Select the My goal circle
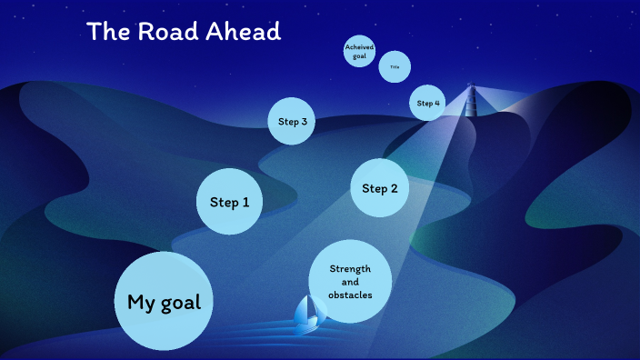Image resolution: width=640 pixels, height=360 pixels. point(163,302)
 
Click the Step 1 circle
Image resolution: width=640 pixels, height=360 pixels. point(229,202)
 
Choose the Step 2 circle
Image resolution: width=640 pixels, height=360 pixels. point(380,188)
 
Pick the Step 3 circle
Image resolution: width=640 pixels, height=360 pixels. point(292,122)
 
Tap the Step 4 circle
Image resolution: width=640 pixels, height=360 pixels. point(427,103)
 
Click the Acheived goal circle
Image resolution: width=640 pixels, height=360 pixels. point(359,52)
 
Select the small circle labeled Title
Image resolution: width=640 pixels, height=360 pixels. point(395,66)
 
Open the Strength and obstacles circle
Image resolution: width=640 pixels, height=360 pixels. point(350,282)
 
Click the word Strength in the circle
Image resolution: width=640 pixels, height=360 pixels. point(350,269)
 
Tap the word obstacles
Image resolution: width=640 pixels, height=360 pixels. point(350,295)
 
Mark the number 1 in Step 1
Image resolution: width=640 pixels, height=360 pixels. point(245,202)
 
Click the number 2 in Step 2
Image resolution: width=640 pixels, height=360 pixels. point(394,188)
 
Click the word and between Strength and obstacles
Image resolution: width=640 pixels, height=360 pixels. point(350,282)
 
